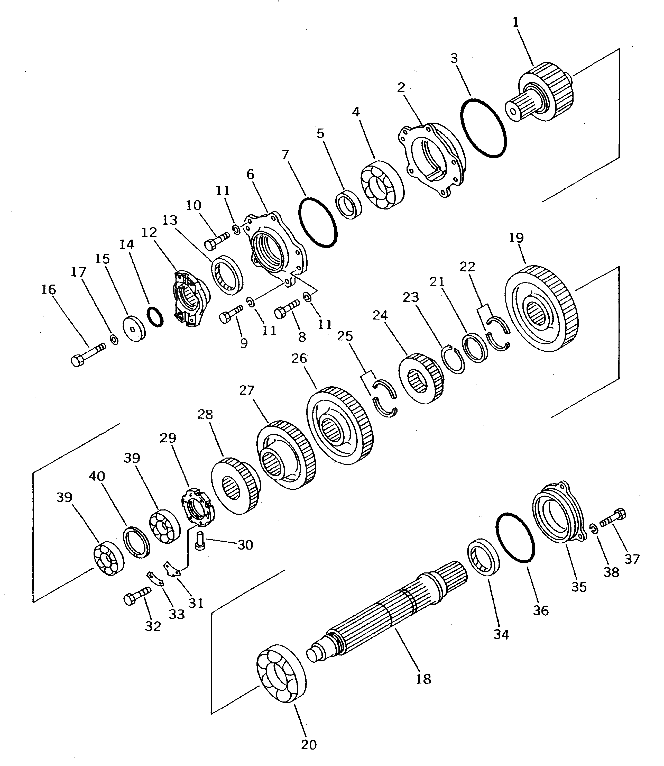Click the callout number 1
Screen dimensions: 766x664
(515, 22)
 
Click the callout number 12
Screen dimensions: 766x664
(149, 232)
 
